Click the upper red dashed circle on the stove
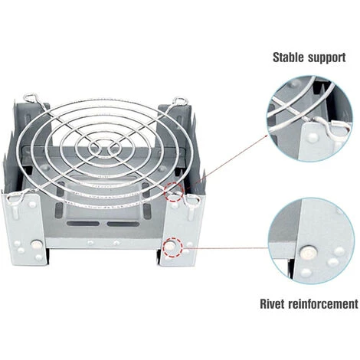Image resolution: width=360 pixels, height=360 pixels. [x=175, y=191]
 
